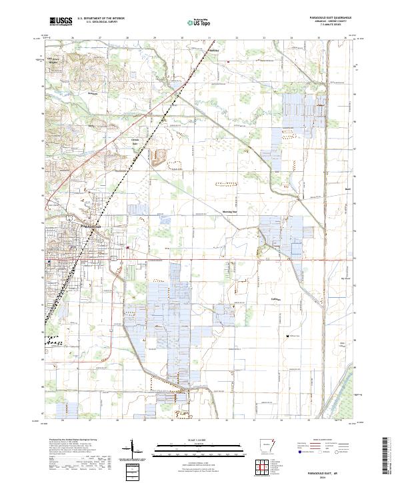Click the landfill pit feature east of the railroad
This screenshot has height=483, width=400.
pyautogui.click(x=160, y=158)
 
